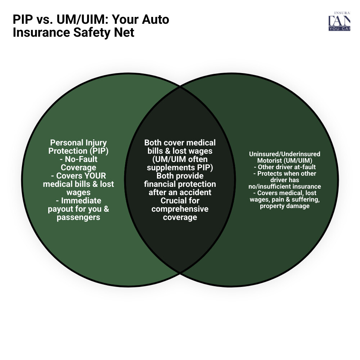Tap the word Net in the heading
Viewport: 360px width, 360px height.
pyautogui.click(x=125, y=32)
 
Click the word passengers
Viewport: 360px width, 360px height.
pyautogui.click(x=78, y=217)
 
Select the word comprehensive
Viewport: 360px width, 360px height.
pyautogui.click(x=180, y=209)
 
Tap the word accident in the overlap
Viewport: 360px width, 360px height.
pyautogui.click(x=196, y=192)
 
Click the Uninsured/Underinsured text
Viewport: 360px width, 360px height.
pyautogui.click(x=284, y=154)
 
